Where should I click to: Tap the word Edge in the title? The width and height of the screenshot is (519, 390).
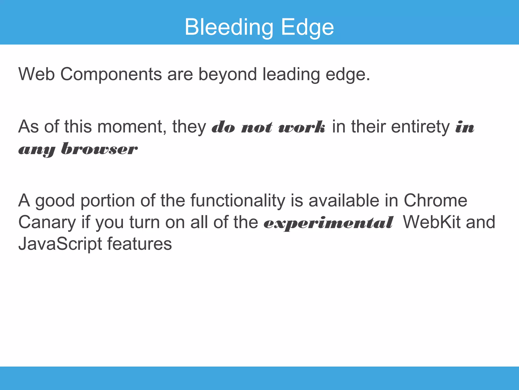click(307, 27)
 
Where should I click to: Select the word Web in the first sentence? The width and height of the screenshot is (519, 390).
click(36, 74)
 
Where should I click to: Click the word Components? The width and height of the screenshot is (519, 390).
click(111, 75)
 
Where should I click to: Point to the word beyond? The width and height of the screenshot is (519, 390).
click(227, 75)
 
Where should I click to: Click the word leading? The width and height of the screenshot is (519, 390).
click(291, 75)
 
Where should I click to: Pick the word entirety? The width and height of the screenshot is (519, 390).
click(420, 127)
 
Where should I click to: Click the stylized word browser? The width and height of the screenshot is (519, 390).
click(99, 149)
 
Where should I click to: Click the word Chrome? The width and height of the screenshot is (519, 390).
click(435, 201)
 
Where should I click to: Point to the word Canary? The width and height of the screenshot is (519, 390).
click(47, 222)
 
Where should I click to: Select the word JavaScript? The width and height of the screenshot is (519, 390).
click(60, 244)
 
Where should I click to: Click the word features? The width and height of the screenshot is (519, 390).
click(139, 244)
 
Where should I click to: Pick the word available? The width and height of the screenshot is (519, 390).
click(344, 201)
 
